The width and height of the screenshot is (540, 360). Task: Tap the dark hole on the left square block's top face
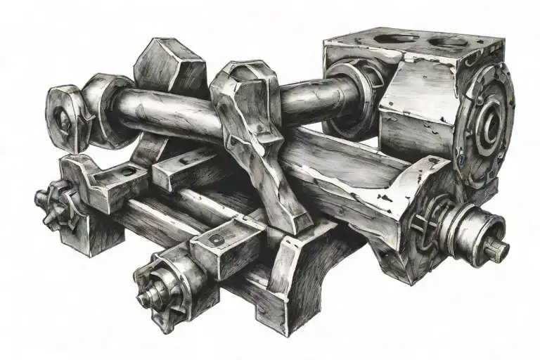point(125,171)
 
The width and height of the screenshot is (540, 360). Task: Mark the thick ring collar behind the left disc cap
point(105,110)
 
